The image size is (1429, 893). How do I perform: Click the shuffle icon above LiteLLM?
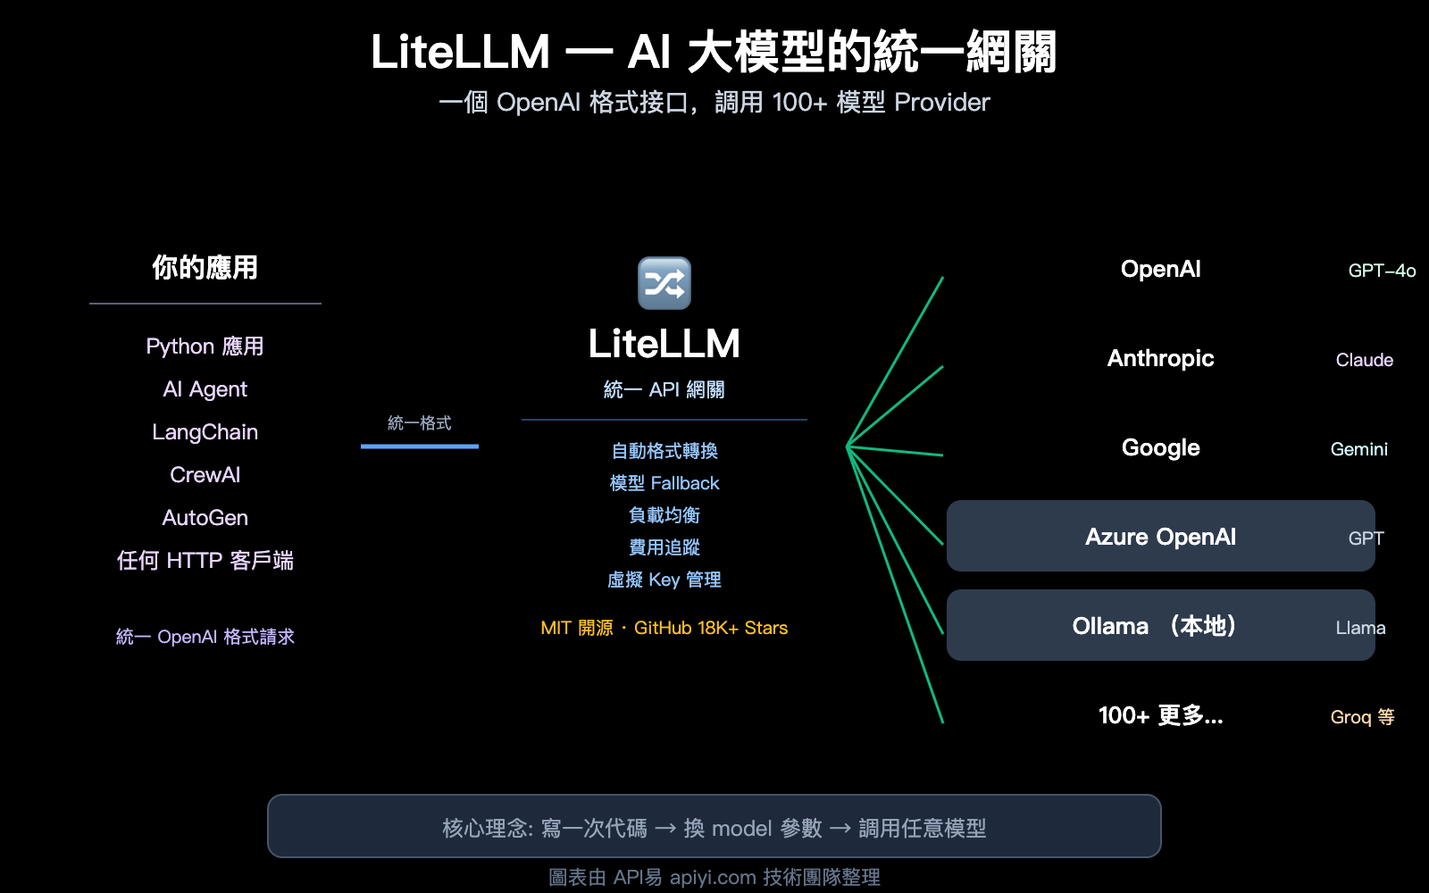coord(664,283)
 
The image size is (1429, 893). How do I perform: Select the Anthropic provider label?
coord(1160,358)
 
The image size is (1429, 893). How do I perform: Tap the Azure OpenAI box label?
coord(1160,537)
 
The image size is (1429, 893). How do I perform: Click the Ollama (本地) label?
coord(1154,626)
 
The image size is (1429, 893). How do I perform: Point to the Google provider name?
coord(1160,447)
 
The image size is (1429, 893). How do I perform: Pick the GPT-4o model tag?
coord(1382,271)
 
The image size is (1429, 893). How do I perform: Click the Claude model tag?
coord(1364,360)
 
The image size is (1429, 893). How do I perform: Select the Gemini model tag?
coord(1358,449)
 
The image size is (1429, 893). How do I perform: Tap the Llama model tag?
coord(1360,628)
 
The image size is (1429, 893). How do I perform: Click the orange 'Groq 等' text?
coord(1362,717)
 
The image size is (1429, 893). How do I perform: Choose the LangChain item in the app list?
coord(205,432)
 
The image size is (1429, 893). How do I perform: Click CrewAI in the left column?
coord(205,475)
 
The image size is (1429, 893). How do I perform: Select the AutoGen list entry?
coord(205,518)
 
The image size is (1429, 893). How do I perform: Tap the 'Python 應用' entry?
coord(205,346)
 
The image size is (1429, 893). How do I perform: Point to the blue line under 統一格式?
coord(420,446)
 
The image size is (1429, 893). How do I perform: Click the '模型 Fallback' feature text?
coord(664,483)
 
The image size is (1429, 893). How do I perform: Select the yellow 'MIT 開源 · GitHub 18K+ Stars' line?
coord(664,628)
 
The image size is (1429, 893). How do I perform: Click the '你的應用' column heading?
coord(205,267)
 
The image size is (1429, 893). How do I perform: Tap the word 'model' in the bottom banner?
coord(741,829)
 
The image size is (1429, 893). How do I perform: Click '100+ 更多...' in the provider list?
coord(1160,715)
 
